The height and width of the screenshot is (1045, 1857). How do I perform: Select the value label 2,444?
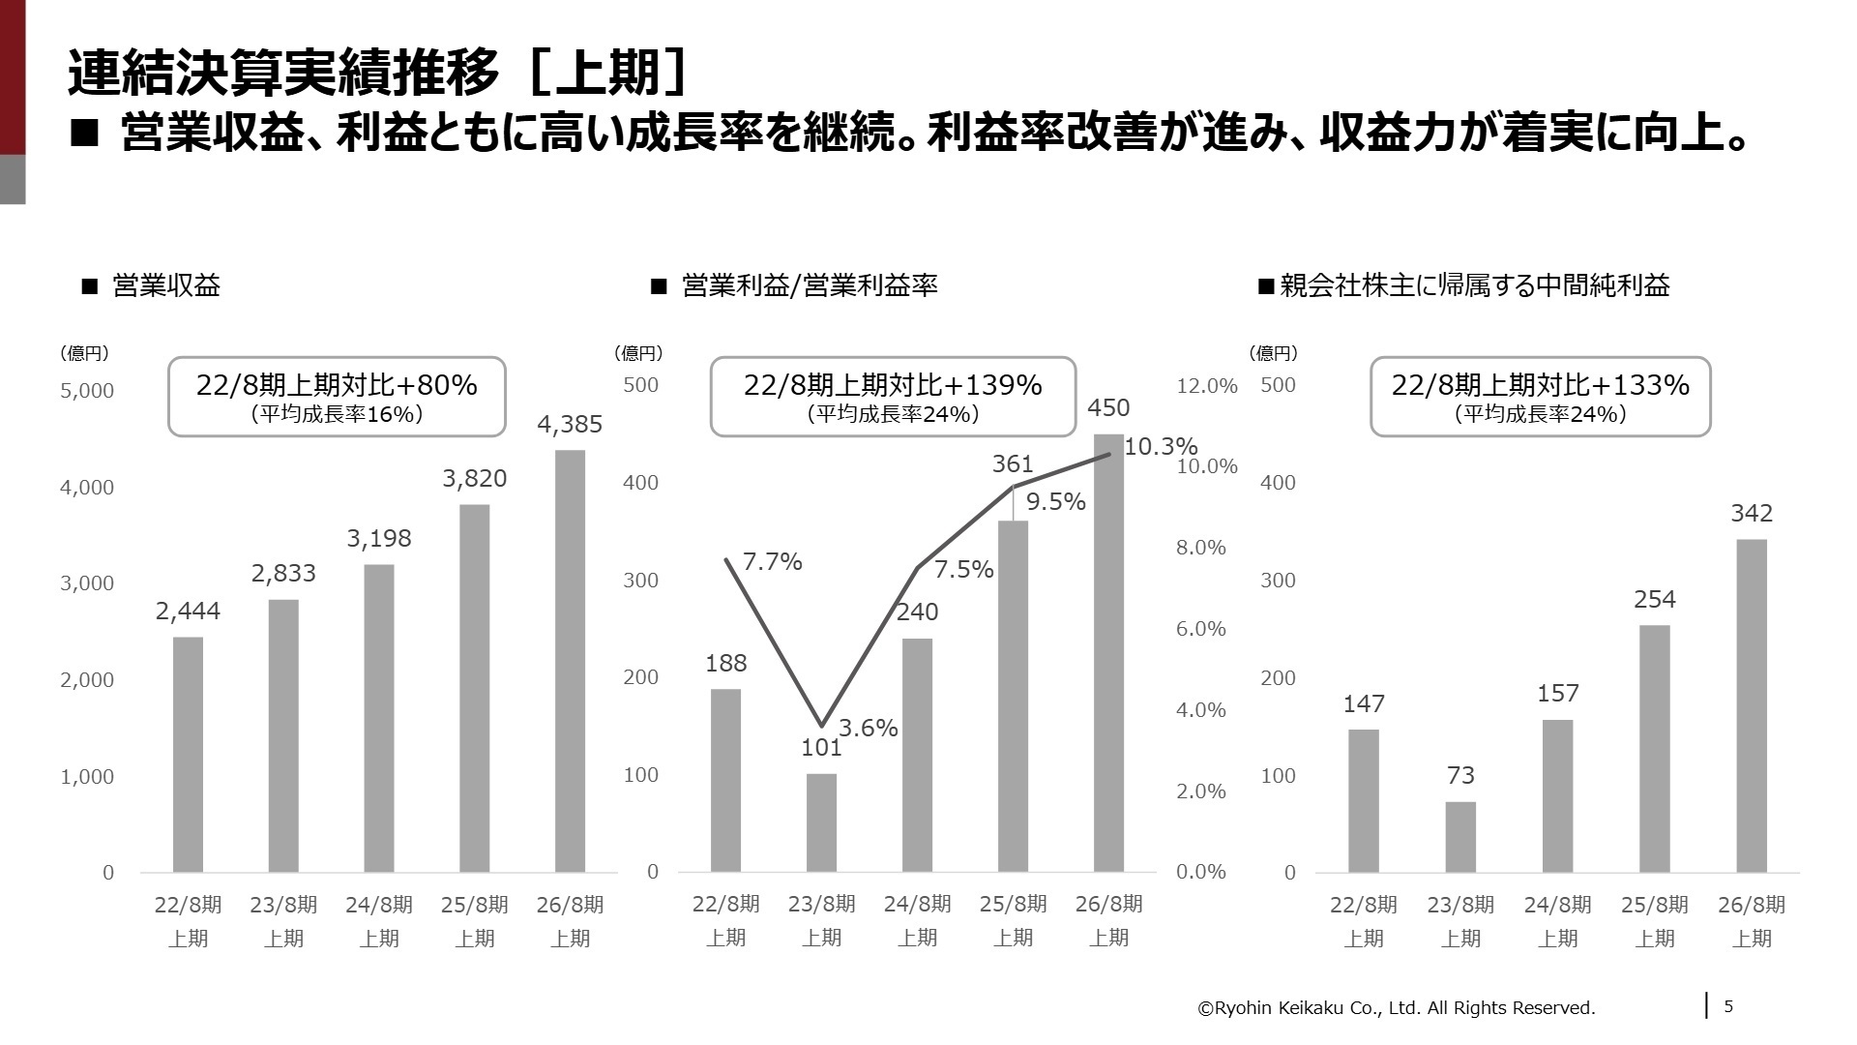(188, 612)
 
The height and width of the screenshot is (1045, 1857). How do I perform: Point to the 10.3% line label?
(1161, 447)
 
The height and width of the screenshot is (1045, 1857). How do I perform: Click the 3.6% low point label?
(868, 729)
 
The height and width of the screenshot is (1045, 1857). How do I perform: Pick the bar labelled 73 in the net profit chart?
(1460, 837)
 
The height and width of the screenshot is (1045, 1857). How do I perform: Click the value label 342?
(1751, 514)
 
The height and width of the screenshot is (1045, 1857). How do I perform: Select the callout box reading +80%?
(337, 397)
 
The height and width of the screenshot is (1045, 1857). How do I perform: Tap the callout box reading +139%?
(893, 397)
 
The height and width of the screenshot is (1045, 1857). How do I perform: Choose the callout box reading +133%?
(1540, 397)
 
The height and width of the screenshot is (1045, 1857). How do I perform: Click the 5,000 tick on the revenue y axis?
(87, 391)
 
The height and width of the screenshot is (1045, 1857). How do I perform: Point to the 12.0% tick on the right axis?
(1206, 386)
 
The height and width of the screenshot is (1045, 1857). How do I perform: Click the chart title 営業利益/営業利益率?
(809, 285)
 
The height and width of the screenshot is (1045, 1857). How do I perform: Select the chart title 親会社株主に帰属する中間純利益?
(1474, 285)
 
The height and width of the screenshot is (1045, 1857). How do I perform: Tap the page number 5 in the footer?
(1728, 1006)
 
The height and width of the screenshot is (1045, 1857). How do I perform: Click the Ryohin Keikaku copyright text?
(1396, 1008)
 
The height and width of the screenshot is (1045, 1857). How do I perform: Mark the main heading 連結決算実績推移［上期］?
(377, 73)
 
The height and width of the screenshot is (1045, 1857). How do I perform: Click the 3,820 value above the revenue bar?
(474, 479)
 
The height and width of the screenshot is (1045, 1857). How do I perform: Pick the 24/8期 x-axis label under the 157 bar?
(1557, 920)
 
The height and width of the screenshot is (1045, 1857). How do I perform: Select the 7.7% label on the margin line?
(772, 562)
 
